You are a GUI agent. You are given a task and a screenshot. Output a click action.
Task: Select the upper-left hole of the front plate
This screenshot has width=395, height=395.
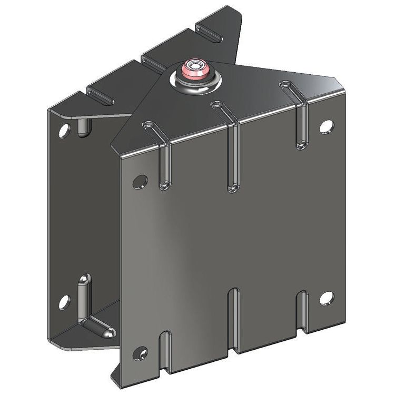pos(140,182)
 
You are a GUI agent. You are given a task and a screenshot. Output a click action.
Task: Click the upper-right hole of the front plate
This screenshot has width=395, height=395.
pos(327,126)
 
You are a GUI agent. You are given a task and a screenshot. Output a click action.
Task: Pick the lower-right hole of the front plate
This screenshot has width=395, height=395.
pos(327,298)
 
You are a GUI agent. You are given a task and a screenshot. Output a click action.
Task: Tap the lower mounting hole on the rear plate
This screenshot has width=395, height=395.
pos(64,302)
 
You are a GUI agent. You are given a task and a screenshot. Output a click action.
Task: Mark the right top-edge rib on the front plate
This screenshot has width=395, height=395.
pos(300,118)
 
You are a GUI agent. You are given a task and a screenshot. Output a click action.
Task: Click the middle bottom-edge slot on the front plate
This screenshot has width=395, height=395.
pos(233,319)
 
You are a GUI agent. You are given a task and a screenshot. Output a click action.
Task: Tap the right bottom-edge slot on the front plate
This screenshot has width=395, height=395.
pos(301,311)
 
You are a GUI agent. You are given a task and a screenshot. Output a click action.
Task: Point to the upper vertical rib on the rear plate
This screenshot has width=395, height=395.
pos(83,127)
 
